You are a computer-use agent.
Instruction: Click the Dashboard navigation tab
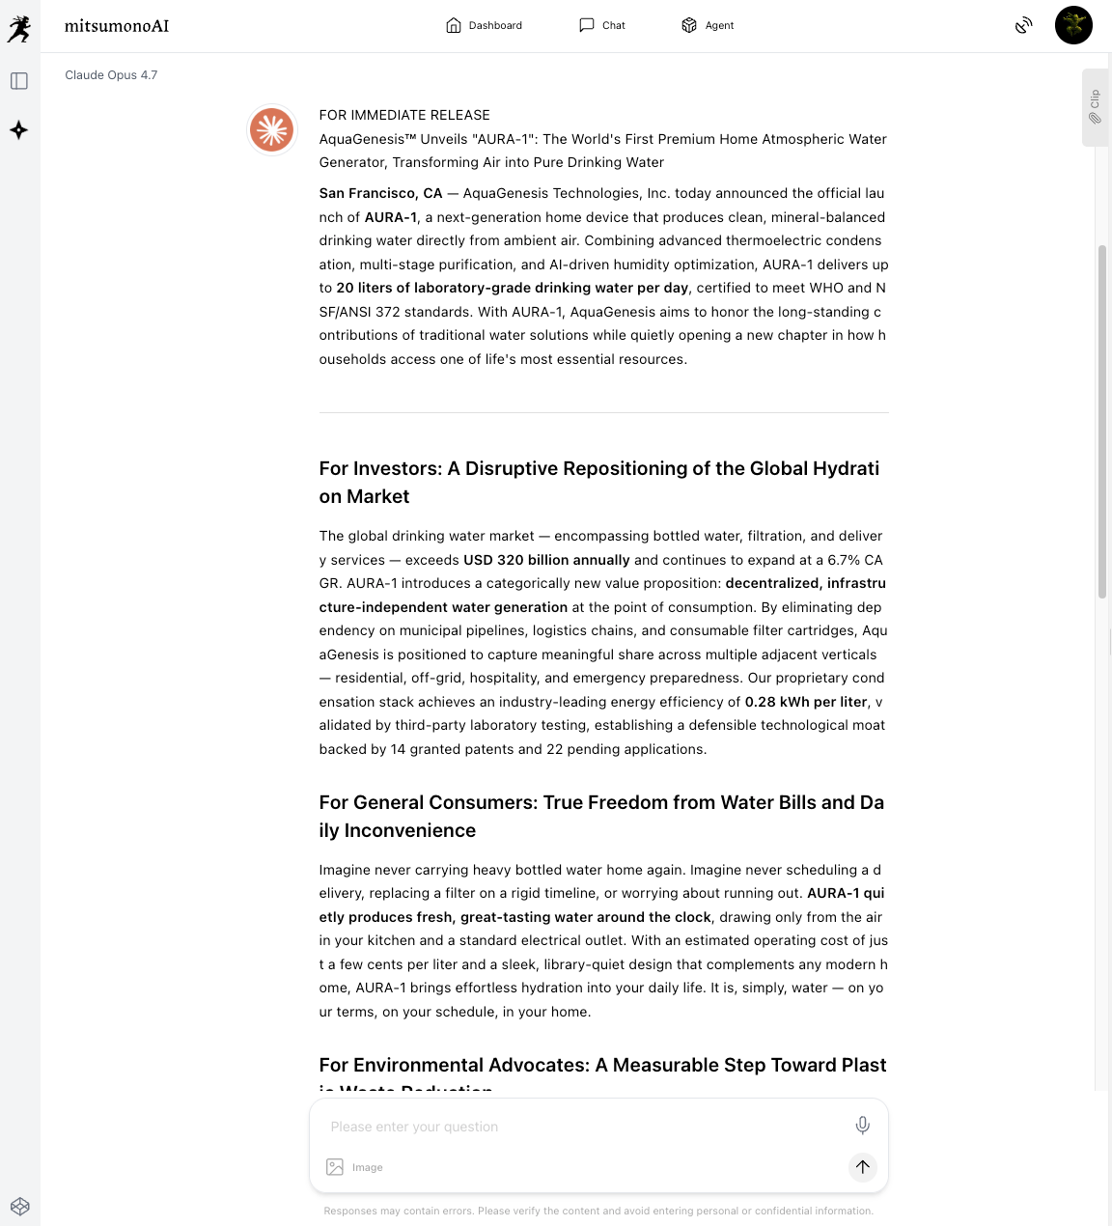(485, 25)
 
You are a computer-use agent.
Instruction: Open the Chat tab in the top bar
(602, 25)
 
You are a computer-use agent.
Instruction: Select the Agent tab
(708, 25)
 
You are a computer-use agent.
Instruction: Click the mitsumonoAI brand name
(117, 26)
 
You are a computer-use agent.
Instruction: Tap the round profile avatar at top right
(1073, 25)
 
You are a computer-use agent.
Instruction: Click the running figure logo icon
(19, 29)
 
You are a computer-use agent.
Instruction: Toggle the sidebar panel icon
(19, 81)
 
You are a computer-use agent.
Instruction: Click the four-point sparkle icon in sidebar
(19, 130)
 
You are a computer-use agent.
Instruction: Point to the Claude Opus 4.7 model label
(111, 75)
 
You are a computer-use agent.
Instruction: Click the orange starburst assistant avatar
(271, 129)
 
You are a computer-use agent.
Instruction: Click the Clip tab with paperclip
(1095, 107)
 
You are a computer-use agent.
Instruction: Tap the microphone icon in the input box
(863, 1125)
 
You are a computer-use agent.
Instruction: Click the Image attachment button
(354, 1167)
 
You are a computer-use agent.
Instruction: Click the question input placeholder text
(414, 1127)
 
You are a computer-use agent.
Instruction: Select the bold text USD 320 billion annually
(546, 560)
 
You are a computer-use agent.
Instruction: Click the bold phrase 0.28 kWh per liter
(806, 702)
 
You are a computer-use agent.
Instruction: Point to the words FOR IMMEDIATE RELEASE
(404, 115)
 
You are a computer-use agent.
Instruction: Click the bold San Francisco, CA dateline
(380, 193)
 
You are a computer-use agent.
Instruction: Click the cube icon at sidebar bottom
(20, 1206)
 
